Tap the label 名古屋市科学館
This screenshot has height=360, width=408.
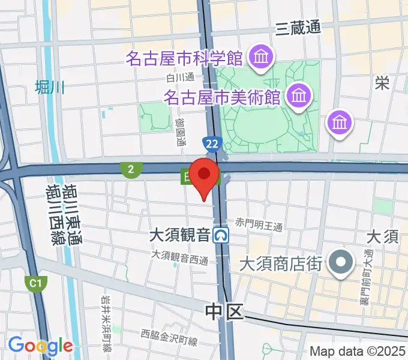point(184,59)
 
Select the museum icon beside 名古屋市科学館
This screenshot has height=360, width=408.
point(262,59)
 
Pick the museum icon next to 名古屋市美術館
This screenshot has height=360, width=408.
point(298,95)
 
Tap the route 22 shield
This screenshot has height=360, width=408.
point(211,144)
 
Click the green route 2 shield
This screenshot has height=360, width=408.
point(130,170)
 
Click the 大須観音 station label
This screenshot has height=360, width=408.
point(180,234)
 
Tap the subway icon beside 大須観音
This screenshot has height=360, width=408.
point(223,235)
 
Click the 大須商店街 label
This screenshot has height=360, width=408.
point(281,263)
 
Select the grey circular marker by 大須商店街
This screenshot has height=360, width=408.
point(342,262)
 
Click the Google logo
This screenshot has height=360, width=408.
point(40,346)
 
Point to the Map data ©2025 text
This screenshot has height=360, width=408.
point(358,351)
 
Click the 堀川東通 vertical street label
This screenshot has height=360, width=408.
point(74,214)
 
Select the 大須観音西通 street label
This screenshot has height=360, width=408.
point(179,257)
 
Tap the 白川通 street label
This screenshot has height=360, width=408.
point(181,77)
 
